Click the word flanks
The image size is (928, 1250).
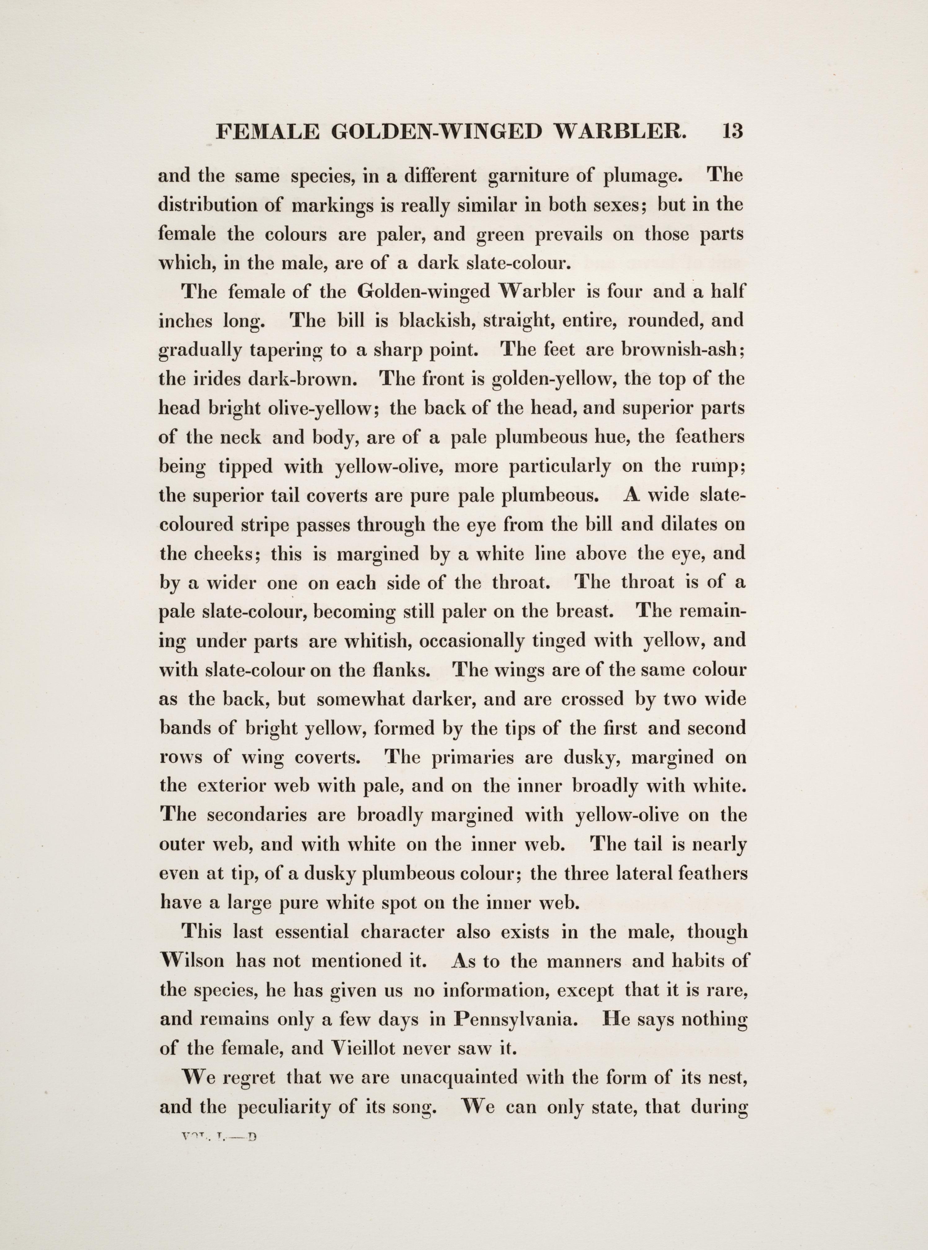tap(407, 670)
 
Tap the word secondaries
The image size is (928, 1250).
tap(257, 815)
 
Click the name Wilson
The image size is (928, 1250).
tap(192, 961)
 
